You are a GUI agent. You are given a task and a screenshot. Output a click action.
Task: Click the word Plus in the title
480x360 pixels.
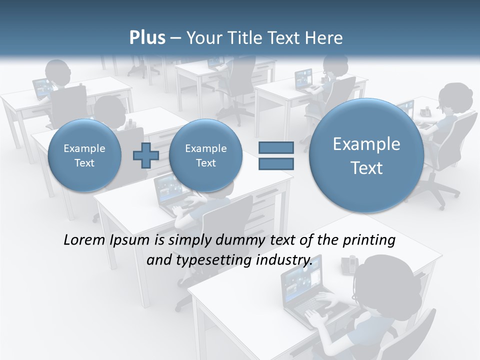147,38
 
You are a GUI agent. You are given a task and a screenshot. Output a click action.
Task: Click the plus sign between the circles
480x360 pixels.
145,155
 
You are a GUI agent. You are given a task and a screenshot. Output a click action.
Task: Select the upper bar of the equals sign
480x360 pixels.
276,148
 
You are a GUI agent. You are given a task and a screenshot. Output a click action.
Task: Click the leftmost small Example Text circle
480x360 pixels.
84,155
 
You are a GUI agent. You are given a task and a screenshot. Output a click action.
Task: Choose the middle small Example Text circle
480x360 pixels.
205,155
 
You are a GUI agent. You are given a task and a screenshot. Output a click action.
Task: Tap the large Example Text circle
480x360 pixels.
366,155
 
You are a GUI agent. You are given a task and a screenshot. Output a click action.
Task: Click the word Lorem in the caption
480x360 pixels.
85,240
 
